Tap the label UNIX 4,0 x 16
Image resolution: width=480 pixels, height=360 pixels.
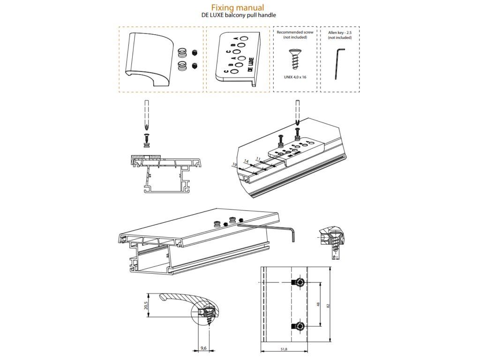(295, 76)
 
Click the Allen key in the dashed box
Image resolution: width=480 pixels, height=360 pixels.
(339, 63)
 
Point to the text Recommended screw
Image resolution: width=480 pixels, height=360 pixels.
(295, 32)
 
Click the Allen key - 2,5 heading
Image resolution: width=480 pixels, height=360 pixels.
(340, 32)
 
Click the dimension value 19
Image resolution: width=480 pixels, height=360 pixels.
(234, 165)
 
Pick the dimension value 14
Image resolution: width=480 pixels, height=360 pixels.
(246, 162)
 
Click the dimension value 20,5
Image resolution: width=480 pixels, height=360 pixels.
(147, 306)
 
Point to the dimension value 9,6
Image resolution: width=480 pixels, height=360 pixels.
(203, 348)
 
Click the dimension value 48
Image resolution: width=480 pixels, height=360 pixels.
(318, 304)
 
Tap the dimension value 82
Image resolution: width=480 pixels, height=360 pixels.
(329, 305)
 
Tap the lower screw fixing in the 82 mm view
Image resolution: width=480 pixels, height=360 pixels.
(299, 326)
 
